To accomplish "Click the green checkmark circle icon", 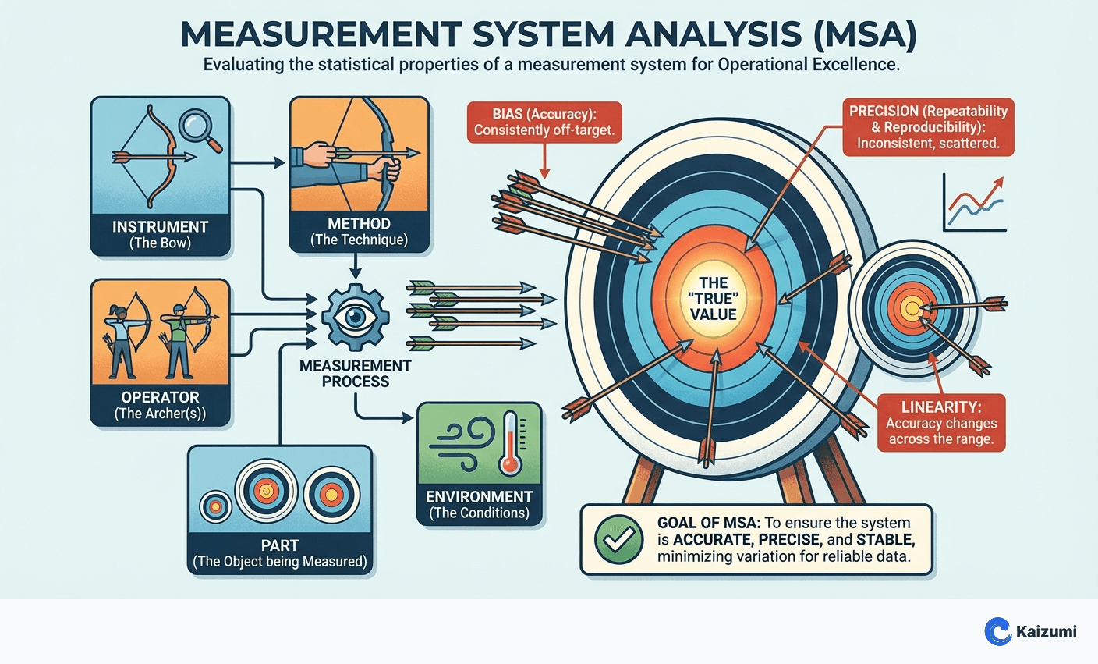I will (x=618, y=539).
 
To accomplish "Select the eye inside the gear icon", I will (x=356, y=318).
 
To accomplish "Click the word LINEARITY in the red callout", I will (x=940, y=407).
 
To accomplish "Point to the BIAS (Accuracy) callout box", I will (x=544, y=122).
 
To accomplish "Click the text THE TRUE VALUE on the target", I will (x=713, y=298).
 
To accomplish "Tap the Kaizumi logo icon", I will (x=997, y=630).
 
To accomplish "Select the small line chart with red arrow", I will (x=974, y=203).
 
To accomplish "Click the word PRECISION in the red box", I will (x=885, y=112).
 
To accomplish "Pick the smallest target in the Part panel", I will (x=215, y=507).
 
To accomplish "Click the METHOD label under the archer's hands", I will (x=359, y=224).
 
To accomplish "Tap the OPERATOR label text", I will (x=160, y=397).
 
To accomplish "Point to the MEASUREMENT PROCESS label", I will (x=356, y=373).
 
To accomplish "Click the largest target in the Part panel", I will (x=264, y=492).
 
